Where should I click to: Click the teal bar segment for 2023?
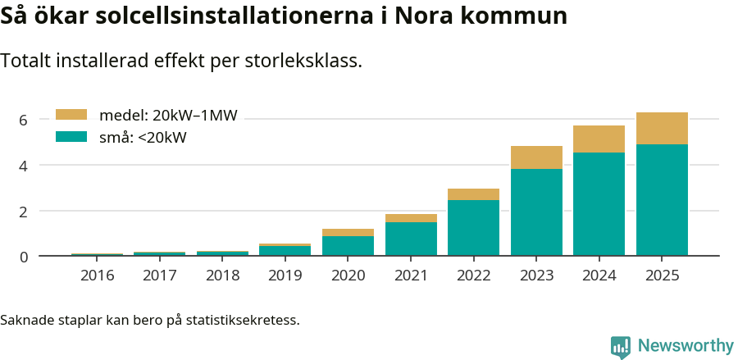tap(536, 212)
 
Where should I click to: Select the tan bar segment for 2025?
tap(662, 128)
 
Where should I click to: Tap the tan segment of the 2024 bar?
tap(599, 139)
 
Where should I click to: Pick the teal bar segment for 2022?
tap(473, 227)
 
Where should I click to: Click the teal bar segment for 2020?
tap(348, 245)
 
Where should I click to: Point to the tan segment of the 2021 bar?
tap(411, 218)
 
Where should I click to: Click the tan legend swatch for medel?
tap(71, 116)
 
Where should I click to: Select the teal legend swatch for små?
tap(71, 137)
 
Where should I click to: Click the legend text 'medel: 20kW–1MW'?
tap(168, 116)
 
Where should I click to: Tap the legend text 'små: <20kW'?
tap(143, 138)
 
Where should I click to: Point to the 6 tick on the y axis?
tap(24, 120)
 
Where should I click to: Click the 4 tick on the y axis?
tap(24, 166)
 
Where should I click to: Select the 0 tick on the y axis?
tap(24, 257)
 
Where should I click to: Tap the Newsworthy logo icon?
tap(621, 347)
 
